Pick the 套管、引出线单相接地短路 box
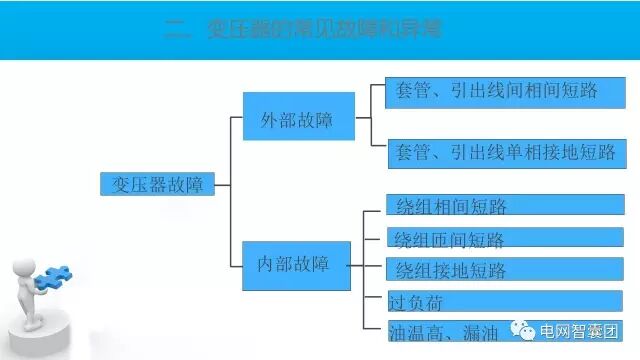click(506, 153)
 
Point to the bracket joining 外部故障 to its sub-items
click(371, 121)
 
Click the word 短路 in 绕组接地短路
click(488, 270)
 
